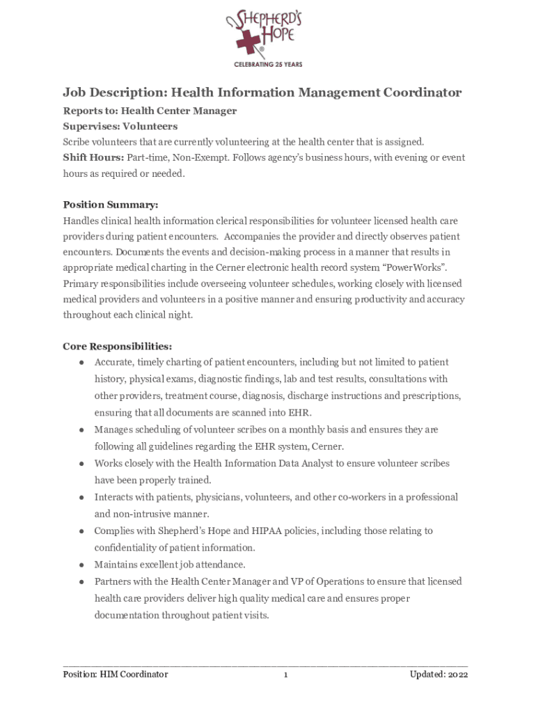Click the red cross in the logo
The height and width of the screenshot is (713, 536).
point(248,43)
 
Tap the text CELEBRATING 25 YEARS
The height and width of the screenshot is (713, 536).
point(268,64)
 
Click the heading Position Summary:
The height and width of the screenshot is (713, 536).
point(111,205)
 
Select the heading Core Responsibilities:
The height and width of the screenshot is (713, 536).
point(118,346)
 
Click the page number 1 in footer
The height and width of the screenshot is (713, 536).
point(285,675)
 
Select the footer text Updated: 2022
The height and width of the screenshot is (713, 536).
point(439,675)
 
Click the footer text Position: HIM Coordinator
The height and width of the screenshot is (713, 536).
point(116,675)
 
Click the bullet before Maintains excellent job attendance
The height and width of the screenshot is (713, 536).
point(81,565)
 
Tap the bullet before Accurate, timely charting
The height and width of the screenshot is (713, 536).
point(81,363)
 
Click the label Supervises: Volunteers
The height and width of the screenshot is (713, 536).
point(120,126)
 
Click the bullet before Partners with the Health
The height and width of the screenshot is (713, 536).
point(81,581)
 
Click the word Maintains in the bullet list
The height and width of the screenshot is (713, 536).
point(116,565)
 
